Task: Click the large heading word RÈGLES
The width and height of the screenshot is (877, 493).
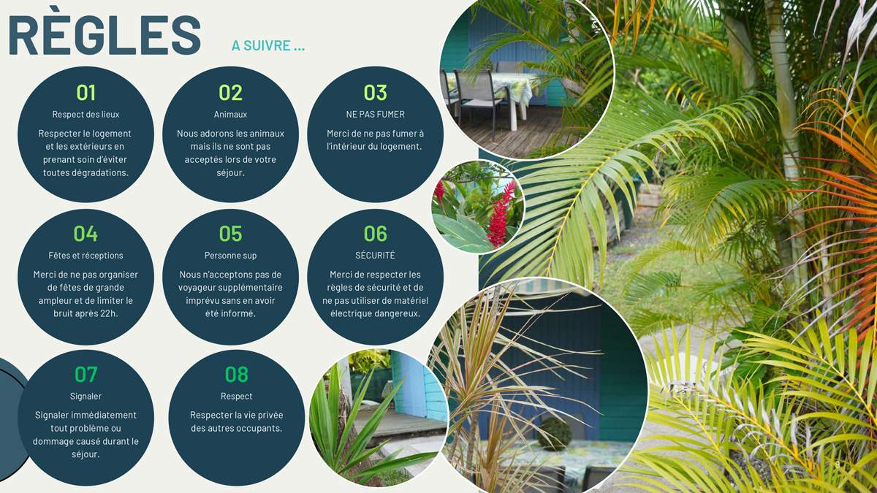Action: [x=105, y=35]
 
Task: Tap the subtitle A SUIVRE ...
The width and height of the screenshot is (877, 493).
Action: [x=268, y=45]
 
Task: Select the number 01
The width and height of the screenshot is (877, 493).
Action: [x=86, y=93]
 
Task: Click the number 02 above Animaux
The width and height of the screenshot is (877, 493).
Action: [x=230, y=93]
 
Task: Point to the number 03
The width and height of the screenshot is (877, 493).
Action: [x=375, y=93]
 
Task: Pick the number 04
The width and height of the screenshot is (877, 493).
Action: [x=86, y=234]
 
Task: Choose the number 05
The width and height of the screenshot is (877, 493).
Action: [x=230, y=234]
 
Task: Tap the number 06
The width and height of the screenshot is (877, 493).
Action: [x=375, y=234]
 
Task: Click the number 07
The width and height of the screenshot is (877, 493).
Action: [x=86, y=375]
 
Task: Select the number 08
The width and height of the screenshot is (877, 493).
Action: [x=236, y=375]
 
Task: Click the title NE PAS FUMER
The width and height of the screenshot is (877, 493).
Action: [x=375, y=114]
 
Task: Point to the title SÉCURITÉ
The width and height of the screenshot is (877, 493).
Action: [x=375, y=255]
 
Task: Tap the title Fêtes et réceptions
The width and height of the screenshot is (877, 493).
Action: [x=86, y=256]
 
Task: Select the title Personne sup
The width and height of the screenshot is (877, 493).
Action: [x=230, y=256]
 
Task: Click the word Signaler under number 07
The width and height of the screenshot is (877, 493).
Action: [x=86, y=397]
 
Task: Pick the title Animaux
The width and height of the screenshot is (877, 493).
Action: [x=230, y=114]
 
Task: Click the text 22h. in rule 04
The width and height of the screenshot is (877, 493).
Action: [x=109, y=313]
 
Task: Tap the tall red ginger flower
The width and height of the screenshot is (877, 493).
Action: [x=498, y=213]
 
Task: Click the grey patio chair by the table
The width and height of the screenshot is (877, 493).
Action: [x=479, y=100]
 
